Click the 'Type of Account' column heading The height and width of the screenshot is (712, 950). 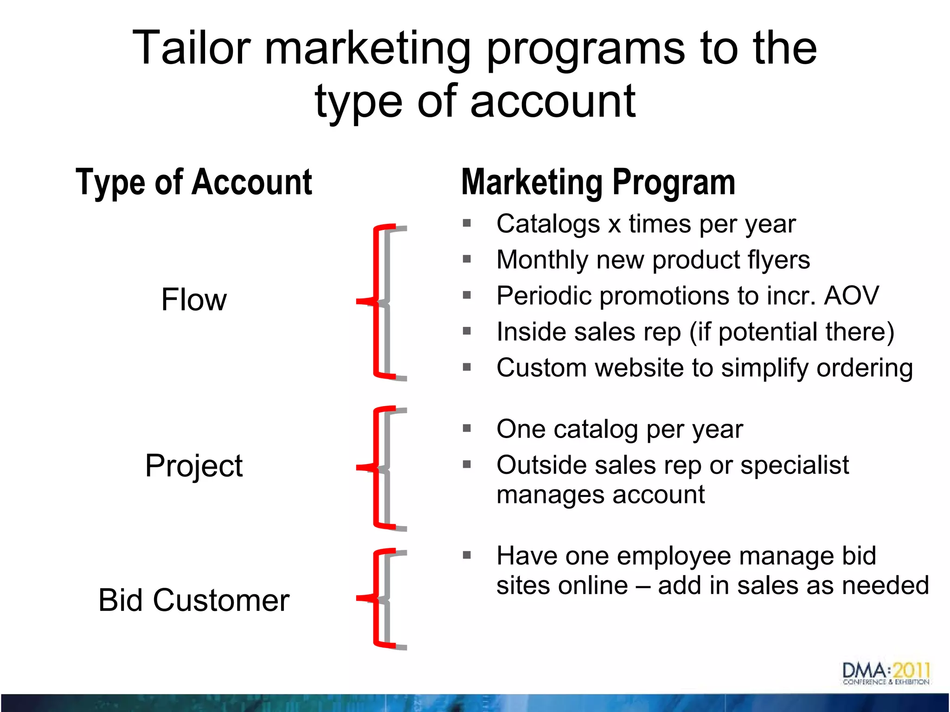tap(194, 183)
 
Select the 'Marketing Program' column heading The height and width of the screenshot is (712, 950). tap(598, 183)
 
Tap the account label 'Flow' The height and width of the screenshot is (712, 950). tap(194, 299)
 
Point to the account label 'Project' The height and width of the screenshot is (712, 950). tap(194, 465)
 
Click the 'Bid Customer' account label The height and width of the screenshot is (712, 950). tap(194, 600)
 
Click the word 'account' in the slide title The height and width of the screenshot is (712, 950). tap(552, 102)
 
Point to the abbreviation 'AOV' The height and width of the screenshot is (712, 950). tap(851, 296)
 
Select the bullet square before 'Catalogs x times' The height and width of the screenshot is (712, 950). tap(467, 223)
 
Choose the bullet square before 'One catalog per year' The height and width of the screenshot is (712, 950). tap(467, 428)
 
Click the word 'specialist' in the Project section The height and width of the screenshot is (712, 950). tap(794, 465)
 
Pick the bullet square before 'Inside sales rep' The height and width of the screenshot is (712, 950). tap(467, 331)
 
